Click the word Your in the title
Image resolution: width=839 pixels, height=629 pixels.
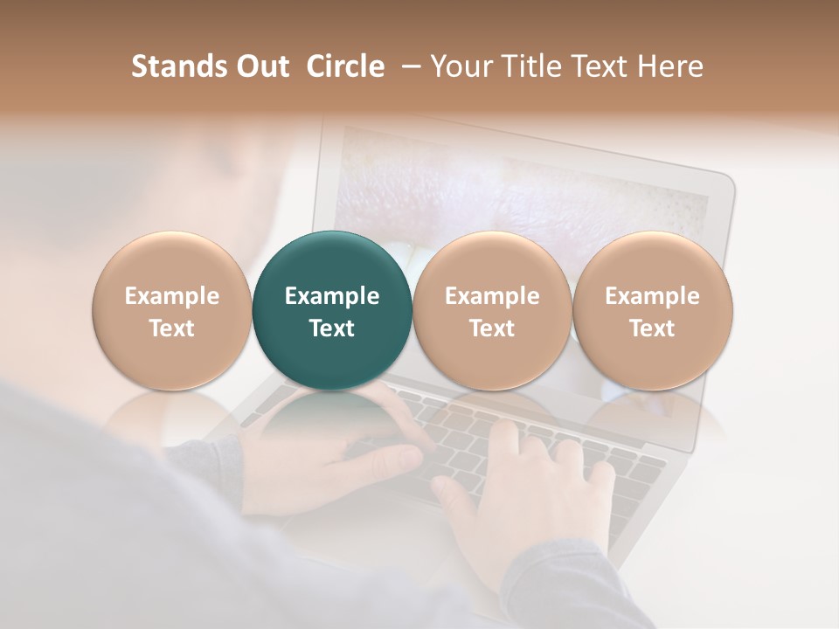tap(461, 66)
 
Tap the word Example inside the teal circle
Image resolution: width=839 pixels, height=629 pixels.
tap(332, 296)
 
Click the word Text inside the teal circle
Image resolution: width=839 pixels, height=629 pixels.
tap(332, 328)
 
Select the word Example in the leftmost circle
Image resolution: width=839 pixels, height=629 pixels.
tap(171, 296)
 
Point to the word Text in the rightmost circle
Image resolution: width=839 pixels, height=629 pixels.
tap(652, 328)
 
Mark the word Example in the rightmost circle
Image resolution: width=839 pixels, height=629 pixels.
tap(652, 296)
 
